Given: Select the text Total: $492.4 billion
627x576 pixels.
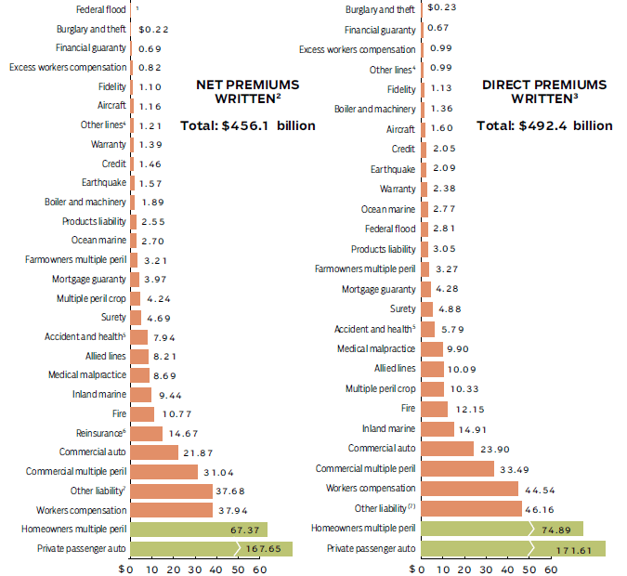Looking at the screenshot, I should point(544,125).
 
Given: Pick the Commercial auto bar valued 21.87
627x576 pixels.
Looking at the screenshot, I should point(154,452).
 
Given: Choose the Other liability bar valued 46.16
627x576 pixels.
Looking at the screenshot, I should point(472,508).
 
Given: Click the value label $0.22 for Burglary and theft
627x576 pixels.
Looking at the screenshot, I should point(152,30).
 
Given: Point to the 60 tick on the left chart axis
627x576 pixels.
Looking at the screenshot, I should point(260,569).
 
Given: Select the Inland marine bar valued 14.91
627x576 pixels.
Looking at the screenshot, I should point(438,429).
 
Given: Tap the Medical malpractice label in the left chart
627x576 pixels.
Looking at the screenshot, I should point(88,374).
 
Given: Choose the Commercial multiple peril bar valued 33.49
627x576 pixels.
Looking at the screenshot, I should point(458,468).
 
